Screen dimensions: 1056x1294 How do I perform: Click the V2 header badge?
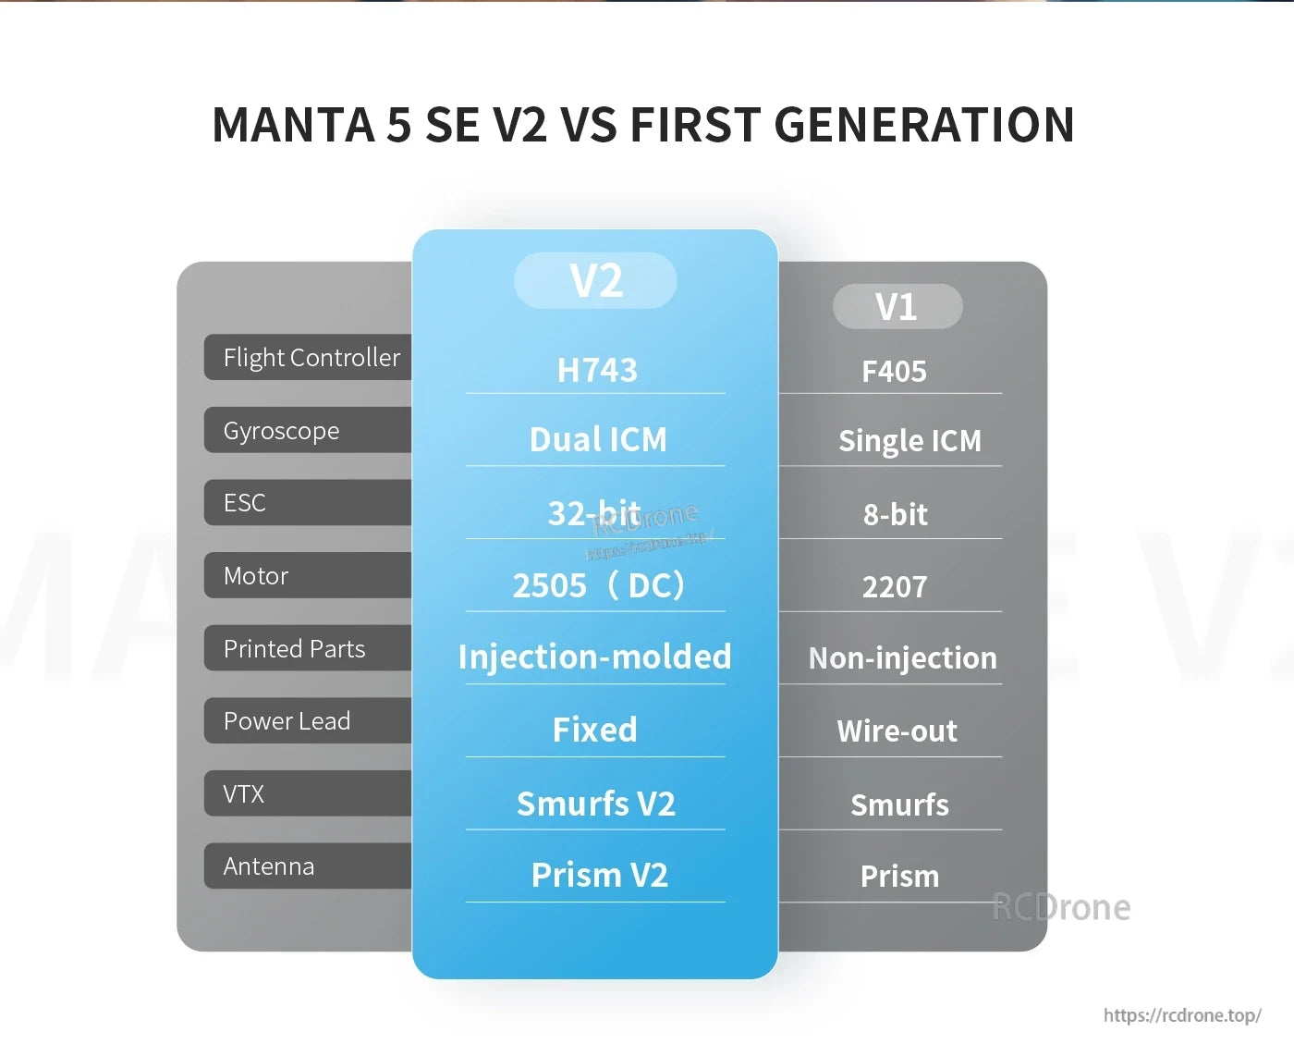click(595, 280)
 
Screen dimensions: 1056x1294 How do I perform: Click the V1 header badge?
click(897, 306)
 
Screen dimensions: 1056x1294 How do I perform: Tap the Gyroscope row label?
click(281, 431)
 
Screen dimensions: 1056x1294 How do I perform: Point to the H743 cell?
click(597, 370)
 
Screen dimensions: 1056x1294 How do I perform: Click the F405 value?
click(894, 372)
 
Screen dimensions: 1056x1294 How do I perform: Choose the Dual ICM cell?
click(597, 439)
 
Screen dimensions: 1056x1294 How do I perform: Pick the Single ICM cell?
click(909, 441)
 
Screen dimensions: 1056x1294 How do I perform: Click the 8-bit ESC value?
click(895, 514)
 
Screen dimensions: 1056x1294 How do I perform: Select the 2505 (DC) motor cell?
click(598, 585)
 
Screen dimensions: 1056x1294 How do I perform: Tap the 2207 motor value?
click(894, 587)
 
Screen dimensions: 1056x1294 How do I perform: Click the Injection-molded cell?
click(594, 657)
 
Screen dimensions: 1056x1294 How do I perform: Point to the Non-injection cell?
click(902, 658)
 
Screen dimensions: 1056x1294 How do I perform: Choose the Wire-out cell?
click(897, 731)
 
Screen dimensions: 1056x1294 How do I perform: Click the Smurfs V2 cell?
click(596, 804)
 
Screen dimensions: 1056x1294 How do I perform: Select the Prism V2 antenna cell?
click(599, 875)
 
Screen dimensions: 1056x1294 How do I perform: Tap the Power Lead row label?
click(287, 721)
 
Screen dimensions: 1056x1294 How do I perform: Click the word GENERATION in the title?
click(923, 125)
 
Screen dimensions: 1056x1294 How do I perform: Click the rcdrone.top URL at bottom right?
click(1181, 1015)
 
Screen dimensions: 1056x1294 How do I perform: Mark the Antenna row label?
click(268, 866)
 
